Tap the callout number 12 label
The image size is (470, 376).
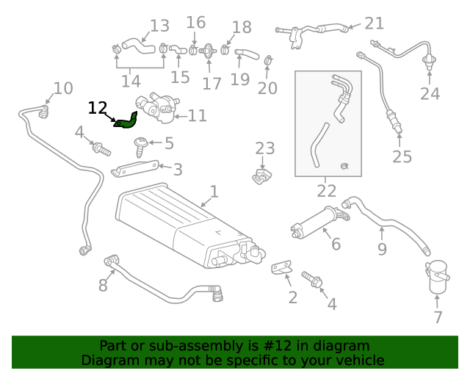click(98, 108)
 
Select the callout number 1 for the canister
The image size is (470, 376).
click(214, 192)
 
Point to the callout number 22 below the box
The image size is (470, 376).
click(327, 191)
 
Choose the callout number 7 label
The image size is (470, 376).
click(438, 317)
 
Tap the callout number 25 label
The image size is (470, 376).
click(402, 156)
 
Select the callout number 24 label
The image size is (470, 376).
click(430, 93)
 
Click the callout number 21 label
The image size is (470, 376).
click(375, 23)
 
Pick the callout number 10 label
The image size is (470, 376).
click(63, 89)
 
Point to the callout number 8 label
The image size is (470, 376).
click(103, 283)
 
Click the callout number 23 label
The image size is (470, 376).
click(264, 149)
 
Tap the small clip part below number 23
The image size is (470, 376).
click(262, 177)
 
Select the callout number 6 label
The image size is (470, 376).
click(336, 244)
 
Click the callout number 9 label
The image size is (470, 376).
click(382, 249)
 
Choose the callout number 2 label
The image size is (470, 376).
click(292, 297)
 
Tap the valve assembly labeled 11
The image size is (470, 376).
click(158, 109)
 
